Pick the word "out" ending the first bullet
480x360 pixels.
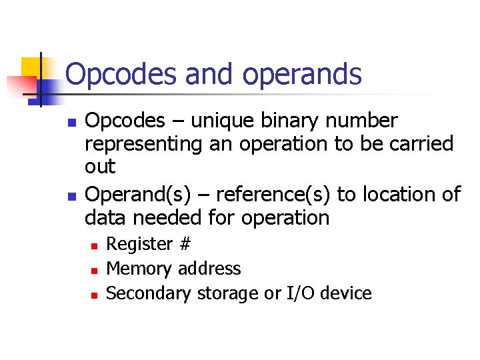[100, 167]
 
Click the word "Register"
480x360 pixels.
[140, 245]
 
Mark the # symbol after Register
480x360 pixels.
[185, 245]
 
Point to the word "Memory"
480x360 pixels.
[139, 269]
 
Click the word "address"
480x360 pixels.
[211, 269]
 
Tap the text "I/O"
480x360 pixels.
[301, 293]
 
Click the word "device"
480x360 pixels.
[347, 293]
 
